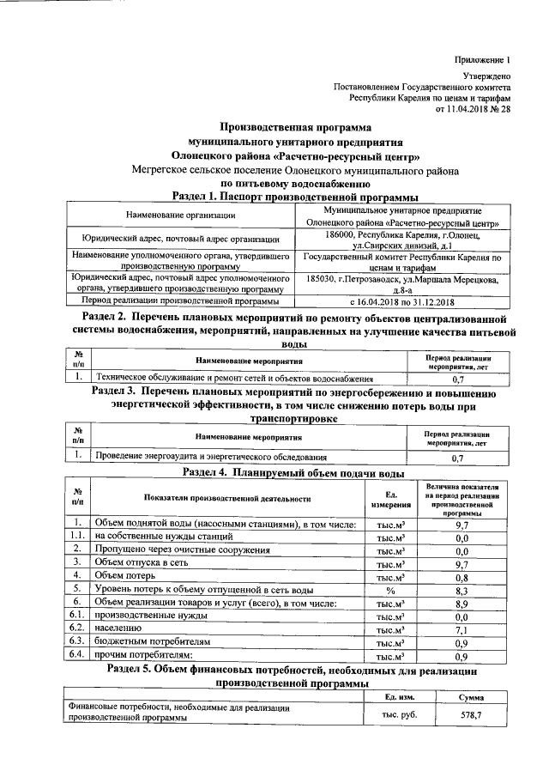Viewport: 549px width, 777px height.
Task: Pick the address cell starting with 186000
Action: [400, 240]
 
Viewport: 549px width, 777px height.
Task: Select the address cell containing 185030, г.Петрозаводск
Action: [400, 285]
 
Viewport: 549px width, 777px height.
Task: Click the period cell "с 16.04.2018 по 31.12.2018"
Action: [400, 301]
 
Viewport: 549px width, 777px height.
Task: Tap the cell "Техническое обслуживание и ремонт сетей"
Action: [234, 377]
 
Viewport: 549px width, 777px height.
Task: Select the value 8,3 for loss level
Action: [461, 590]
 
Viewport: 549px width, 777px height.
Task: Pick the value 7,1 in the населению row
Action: [461, 630]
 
